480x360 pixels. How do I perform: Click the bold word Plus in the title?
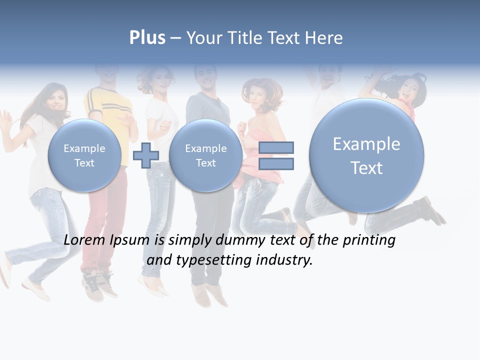click(x=147, y=38)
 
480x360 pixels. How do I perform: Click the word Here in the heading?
click(x=324, y=38)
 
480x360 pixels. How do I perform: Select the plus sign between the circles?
click(x=146, y=155)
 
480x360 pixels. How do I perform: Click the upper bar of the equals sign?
click(x=276, y=147)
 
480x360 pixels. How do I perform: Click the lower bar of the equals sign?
click(x=276, y=163)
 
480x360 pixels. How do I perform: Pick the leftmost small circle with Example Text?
click(x=84, y=155)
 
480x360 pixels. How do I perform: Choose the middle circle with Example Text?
click(x=205, y=155)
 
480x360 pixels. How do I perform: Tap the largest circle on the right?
click(x=366, y=155)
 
